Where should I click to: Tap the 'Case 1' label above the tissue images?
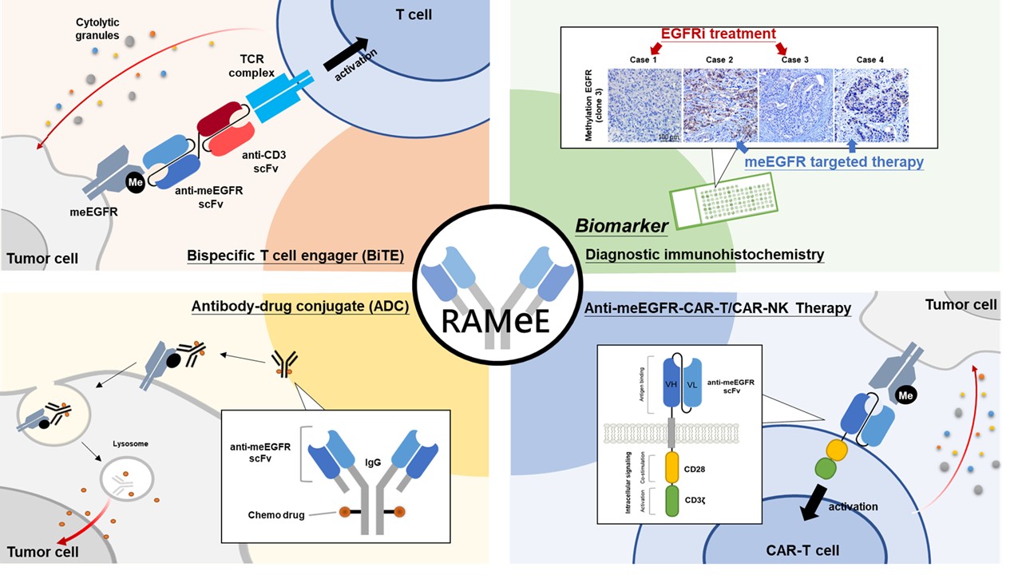(644, 60)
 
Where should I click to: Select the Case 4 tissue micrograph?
(870, 105)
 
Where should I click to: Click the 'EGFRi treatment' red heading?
(717, 34)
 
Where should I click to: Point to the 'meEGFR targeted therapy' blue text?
(834, 162)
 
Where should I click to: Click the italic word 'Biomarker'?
(622, 226)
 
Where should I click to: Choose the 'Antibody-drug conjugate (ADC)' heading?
(300, 307)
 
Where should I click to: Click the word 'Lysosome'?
(130, 443)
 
